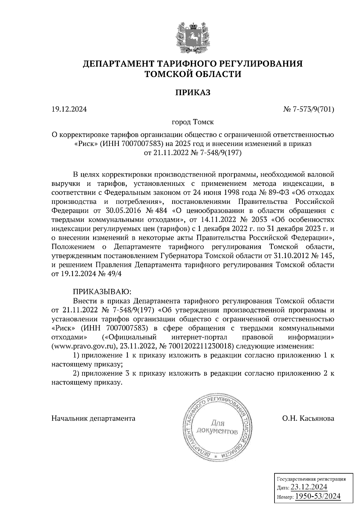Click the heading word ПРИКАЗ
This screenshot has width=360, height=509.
click(x=193, y=92)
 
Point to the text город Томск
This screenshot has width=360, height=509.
click(x=193, y=122)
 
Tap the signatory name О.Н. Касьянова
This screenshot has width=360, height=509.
click(x=308, y=418)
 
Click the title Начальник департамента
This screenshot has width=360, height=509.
click(x=93, y=418)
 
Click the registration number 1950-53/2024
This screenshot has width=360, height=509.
click(x=318, y=497)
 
